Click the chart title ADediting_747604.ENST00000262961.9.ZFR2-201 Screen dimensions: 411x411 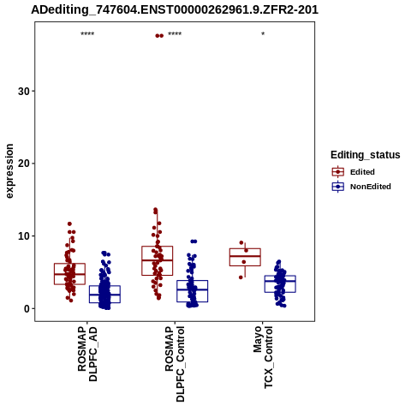175,9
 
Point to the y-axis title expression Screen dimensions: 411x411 9,171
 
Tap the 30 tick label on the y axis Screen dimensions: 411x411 24,92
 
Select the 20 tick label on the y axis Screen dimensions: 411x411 24,164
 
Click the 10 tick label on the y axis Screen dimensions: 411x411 24,236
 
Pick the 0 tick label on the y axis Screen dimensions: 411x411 27,308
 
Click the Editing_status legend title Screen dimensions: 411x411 366,155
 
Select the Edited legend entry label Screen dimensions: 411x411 362,172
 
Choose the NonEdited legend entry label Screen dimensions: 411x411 371,187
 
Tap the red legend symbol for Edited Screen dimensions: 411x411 338,172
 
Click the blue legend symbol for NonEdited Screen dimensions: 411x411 338,187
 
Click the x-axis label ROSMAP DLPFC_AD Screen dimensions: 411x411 87,354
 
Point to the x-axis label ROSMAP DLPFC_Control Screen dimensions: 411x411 175,364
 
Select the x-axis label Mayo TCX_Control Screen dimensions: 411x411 263,357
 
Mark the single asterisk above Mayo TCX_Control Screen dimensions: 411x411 263,34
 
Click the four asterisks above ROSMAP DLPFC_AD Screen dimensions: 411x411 87,34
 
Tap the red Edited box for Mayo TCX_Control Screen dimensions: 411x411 245,248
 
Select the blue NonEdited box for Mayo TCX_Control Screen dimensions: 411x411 280,276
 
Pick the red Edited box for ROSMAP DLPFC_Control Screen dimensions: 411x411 158,247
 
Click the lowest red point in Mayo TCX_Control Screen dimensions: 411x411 241,277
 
